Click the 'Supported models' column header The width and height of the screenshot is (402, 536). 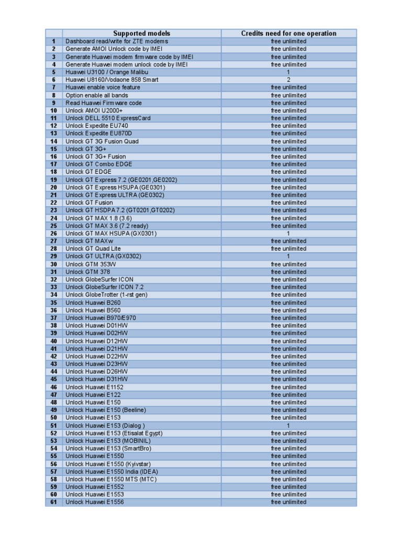(x=141, y=33)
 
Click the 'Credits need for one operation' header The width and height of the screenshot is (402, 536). (x=288, y=33)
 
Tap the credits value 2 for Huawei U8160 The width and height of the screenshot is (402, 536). (x=288, y=80)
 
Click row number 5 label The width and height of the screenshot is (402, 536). (x=53, y=72)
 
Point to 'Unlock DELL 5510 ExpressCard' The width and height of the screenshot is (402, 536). (x=108, y=118)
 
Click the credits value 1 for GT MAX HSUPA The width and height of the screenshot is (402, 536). (x=288, y=233)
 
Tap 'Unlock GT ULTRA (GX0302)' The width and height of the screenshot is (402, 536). (x=103, y=256)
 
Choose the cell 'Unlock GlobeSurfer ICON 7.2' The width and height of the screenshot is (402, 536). (x=104, y=287)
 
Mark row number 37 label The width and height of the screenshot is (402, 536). (x=53, y=318)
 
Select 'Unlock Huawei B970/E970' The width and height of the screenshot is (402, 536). (x=100, y=318)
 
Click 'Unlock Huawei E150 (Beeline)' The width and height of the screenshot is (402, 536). (x=106, y=410)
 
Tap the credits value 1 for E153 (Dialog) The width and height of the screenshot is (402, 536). (x=288, y=426)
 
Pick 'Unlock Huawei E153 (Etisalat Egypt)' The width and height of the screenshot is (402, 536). (x=114, y=433)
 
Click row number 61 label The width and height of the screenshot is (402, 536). (x=53, y=502)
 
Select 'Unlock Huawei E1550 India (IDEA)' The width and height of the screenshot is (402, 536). (x=111, y=472)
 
